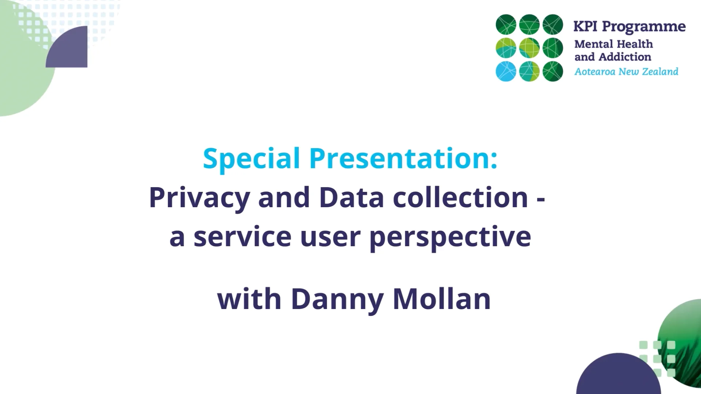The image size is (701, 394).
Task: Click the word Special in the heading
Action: (x=251, y=159)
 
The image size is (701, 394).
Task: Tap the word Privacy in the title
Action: (x=199, y=198)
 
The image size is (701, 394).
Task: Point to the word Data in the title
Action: (x=351, y=198)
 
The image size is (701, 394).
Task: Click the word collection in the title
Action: (x=460, y=198)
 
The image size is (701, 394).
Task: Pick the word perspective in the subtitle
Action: (x=450, y=237)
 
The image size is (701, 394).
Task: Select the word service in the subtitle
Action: (x=242, y=237)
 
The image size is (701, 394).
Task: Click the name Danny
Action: (x=337, y=300)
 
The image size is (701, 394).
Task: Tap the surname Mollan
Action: (x=441, y=300)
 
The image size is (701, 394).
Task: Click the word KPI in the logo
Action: (x=585, y=27)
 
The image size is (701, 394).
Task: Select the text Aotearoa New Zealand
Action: (x=626, y=72)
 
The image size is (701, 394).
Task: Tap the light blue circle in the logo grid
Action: (x=506, y=71)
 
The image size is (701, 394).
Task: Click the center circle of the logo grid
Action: (x=529, y=48)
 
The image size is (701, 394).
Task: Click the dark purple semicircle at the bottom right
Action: (x=618, y=376)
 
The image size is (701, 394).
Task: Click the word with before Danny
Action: (x=249, y=300)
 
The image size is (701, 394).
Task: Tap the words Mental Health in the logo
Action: (x=613, y=44)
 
